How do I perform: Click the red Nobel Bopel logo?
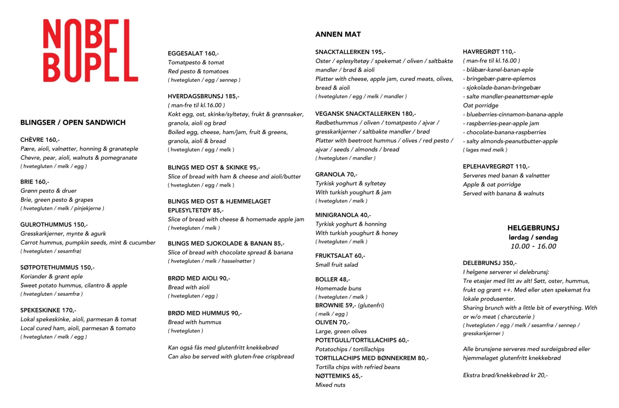91,50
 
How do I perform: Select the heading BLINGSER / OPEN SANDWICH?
73,123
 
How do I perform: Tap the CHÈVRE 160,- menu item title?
40,140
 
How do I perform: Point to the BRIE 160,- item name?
35,182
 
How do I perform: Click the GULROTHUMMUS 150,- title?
54,225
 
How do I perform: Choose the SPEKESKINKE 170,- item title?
48,310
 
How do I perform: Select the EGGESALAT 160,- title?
193,54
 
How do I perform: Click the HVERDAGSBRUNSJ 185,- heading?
203,96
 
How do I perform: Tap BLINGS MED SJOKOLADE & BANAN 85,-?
226,244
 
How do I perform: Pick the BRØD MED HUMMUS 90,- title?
205,313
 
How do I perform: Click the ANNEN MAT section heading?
338,35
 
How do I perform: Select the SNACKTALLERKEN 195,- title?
350,52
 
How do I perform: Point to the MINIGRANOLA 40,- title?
343,215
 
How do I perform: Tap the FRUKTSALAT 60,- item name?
340,256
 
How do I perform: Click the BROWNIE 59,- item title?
336,305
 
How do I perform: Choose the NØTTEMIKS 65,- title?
339,376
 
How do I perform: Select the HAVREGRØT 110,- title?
489,52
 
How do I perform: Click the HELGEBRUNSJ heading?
533,228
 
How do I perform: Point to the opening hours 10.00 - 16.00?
533,246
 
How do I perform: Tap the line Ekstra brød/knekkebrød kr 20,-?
505,375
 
